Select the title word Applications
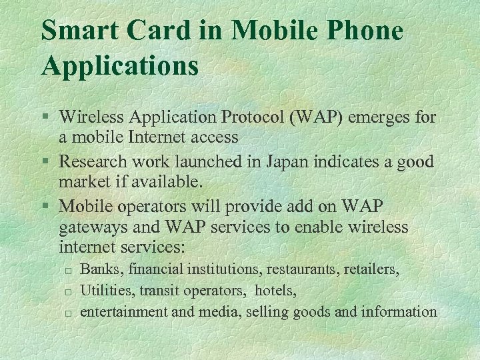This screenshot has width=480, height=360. pyautogui.click(x=120, y=66)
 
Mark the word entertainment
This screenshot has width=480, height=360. pyautogui.click(x=121, y=311)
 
